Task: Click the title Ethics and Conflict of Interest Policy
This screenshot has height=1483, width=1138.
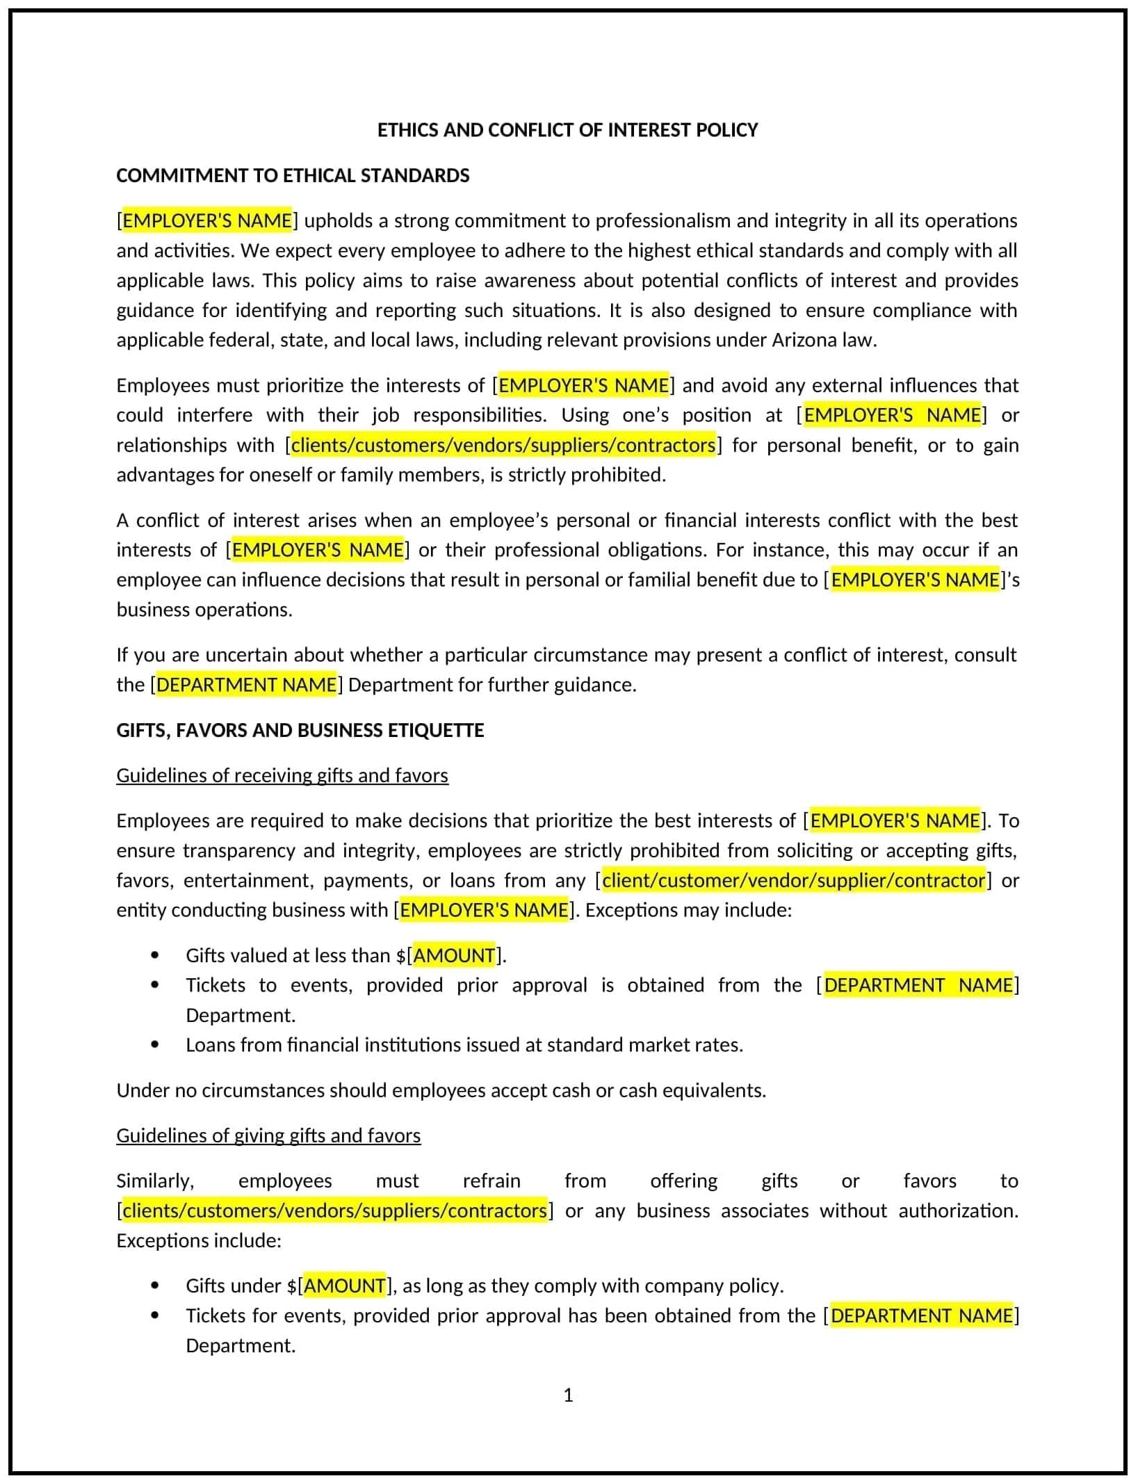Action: [567, 130]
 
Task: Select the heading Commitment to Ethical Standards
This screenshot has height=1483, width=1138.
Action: [293, 175]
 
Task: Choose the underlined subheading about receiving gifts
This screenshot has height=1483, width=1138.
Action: [282, 775]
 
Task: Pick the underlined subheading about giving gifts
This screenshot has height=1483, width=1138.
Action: [268, 1135]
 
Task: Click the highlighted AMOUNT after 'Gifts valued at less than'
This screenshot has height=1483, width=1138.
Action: [454, 955]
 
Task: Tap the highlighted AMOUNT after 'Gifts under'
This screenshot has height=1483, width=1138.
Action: [345, 1286]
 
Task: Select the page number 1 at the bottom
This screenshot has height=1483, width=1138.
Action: [568, 1395]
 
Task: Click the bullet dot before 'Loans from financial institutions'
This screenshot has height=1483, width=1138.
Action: [154, 1045]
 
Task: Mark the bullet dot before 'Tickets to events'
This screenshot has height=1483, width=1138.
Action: [154, 985]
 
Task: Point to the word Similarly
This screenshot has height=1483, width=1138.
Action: [155, 1181]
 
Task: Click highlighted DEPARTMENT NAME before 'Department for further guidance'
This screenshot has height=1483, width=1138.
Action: [247, 685]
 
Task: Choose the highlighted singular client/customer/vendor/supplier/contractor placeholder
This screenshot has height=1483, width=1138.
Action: [793, 880]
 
